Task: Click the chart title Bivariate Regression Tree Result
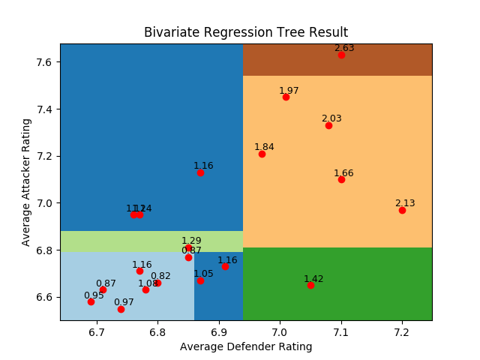[x=246, y=32]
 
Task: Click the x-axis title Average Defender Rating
[x=246, y=346]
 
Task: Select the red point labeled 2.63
[x=341, y=55]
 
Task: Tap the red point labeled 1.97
[x=286, y=97]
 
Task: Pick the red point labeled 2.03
[x=328, y=125]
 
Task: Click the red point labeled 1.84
[x=262, y=154]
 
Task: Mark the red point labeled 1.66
[x=341, y=179]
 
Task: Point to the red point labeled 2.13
[x=402, y=210]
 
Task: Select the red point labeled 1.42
[x=310, y=285]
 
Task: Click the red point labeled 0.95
[x=91, y=301]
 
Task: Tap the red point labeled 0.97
[x=121, y=309]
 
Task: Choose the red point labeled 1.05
[x=200, y=280]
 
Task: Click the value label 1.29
[x=191, y=241]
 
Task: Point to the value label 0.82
[x=160, y=275]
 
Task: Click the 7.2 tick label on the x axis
[x=402, y=331]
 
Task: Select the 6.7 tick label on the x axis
[x=97, y=331]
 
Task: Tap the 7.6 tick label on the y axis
[x=43, y=61]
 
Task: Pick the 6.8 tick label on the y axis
[x=43, y=250]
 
